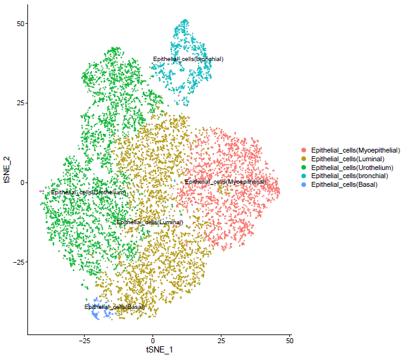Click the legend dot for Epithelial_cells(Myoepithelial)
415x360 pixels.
point(304,150)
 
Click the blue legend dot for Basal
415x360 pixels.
point(304,185)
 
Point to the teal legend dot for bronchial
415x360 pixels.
point(304,176)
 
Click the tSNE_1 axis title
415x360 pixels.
point(159,351)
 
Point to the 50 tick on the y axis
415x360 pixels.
point(21,24)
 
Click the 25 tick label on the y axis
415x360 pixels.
point(21,103)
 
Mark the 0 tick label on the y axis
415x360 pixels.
point(23,182)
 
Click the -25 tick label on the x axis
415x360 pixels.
point(85,342)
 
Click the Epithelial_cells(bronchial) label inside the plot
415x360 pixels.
point(188,59)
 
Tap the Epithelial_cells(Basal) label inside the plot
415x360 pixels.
point(114,307)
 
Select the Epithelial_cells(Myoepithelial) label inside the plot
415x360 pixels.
point(225,182)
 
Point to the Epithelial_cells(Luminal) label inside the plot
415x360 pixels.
point(150,222)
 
